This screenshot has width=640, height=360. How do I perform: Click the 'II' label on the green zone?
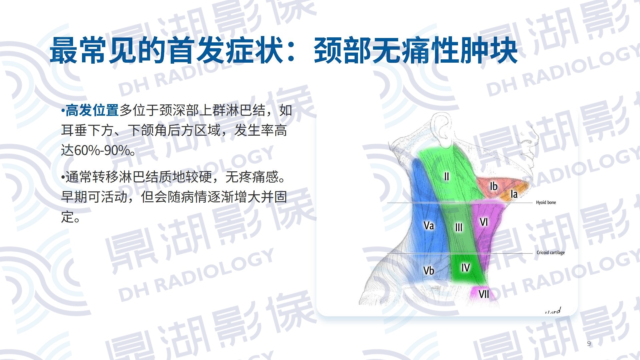coord(447,176)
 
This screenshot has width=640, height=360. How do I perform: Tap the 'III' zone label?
coord(459,227)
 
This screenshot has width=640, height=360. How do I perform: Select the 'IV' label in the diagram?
coord(466,267)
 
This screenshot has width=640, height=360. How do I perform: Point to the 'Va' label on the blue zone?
coord(429,226)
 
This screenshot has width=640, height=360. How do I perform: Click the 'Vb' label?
coord(429,270)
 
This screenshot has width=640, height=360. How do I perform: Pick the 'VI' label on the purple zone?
coord(484,222)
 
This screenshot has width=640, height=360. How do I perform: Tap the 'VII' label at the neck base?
coord(484,294)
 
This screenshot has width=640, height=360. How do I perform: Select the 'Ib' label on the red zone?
coord(494,186)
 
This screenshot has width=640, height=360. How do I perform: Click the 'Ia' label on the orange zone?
coord(514,194)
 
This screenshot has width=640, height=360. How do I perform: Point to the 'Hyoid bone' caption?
coord(546,202)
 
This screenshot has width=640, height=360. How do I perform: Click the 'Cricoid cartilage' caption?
coord(551,253)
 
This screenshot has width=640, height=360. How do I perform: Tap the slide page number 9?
coord(589,344)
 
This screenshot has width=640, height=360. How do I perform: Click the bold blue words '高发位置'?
coord(92,110)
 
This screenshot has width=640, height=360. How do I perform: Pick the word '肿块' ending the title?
coord(488,51)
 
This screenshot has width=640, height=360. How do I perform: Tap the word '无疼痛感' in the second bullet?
coord(252,177)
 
